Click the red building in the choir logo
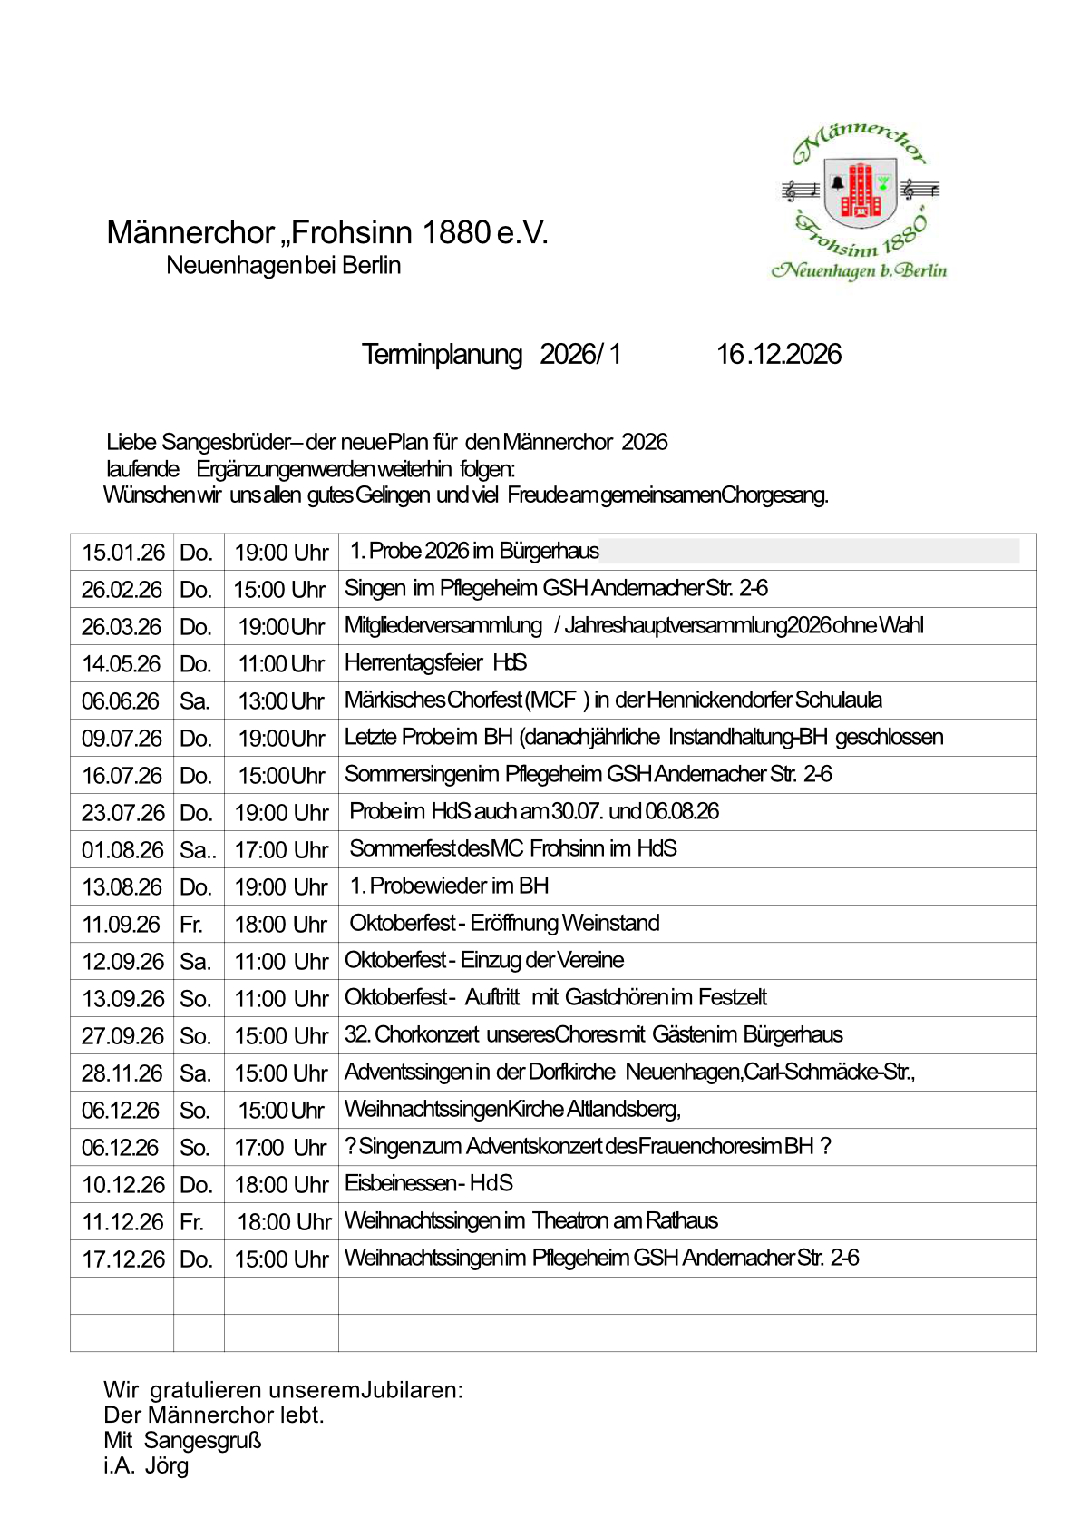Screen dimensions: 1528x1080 click(x=859, y=191)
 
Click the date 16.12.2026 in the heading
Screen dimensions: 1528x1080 click(x=778, y=354)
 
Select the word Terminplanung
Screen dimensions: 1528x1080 click(x=442, y=354)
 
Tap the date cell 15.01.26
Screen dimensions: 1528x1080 click(x=123, y=552)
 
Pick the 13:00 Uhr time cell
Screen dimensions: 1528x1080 click(x=281, y=700)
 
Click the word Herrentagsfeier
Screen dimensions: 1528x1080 click(x=414, y=662)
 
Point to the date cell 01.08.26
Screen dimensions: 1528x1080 click(x=122, y=849)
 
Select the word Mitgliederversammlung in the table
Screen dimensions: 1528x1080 click(x=443, y=625)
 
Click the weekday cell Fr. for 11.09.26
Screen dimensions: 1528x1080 click(x=191, y=924)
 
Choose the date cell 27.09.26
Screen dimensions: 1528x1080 click(x=122, y=1035)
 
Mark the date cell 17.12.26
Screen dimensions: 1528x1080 click(x=123, y=1259)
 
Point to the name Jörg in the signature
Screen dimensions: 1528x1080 click(x=167, y=1465)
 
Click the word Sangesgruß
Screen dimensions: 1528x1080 click(x=202, y=1440)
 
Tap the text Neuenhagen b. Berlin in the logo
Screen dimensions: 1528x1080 click(x=859, y=270)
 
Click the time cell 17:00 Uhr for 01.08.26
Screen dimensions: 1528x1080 click(x=281, y=849)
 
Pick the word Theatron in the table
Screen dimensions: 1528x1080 click(x=569, y=1220)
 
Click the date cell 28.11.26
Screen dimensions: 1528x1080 click(x=122, y=1073)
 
